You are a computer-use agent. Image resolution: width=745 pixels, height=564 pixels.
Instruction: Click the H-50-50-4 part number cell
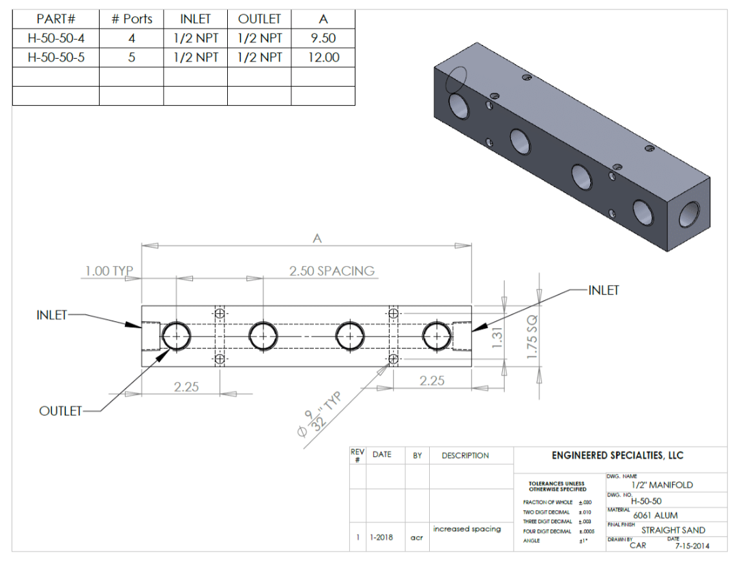56,38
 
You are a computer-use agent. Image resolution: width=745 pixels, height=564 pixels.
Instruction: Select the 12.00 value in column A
323,57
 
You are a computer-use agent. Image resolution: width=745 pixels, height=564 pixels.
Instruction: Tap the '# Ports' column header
132,19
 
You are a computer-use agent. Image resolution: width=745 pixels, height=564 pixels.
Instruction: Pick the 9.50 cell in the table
323,38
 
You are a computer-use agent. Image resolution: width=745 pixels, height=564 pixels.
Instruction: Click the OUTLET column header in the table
259,19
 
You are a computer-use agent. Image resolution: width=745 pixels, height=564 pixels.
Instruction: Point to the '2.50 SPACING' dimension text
332,271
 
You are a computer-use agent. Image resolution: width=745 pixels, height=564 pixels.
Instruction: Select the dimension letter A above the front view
317,238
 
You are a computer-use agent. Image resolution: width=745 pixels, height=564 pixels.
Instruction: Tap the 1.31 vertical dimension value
498,336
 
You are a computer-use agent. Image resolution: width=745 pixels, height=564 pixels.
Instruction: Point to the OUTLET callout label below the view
60,411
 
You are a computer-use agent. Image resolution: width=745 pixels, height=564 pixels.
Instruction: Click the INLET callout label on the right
604,291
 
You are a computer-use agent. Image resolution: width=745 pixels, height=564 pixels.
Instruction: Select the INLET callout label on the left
52,315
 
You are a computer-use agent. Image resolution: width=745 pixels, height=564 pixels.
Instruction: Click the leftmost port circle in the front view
176,336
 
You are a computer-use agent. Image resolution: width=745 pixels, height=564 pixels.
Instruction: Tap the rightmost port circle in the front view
437,336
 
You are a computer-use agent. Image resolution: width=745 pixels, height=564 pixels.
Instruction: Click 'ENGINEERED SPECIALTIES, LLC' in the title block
617,456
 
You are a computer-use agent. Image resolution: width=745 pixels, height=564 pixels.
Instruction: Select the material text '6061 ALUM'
655,516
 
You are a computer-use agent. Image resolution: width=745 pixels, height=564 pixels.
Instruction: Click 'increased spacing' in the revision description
467,529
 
